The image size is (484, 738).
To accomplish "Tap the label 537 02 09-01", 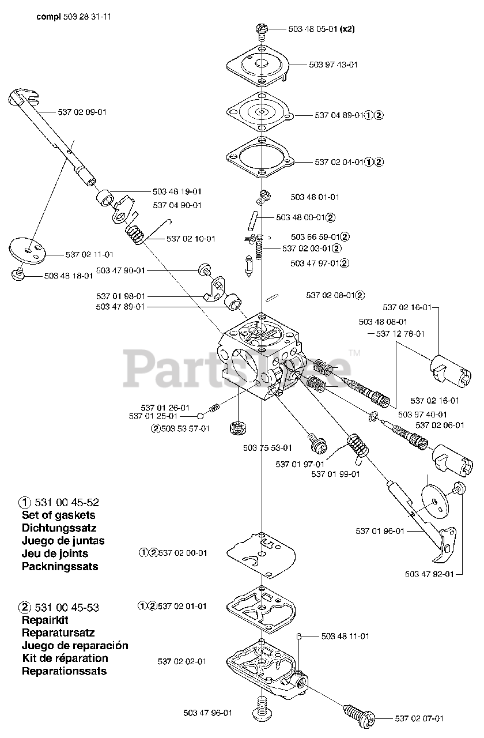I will [x=82, y=112].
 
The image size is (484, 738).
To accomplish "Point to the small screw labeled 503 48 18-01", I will [x=19, y=273].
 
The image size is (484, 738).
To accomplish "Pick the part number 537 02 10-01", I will [x=191, y=239].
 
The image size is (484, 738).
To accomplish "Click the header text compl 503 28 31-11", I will [x=74, y=17].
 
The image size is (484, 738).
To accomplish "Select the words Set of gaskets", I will [x=59, y=515].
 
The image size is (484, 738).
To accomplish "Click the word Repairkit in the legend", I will [x=46, y=620].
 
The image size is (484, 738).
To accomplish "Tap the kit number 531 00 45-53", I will [x=67, y=608].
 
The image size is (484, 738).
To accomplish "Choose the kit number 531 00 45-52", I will [x=67, y=503].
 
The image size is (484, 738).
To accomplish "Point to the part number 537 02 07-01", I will [x=419, y=718].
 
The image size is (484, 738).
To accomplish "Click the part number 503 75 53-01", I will [x=267, y=447].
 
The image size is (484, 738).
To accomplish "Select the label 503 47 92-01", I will [x=429, y=574].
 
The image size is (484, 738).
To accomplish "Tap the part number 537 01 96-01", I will [x=380, y=531].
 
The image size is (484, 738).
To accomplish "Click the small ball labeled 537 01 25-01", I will [x=199, y=416].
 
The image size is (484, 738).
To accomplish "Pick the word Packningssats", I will [x=60, y=566].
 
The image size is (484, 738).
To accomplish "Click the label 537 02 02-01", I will [x=181, y=661].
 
